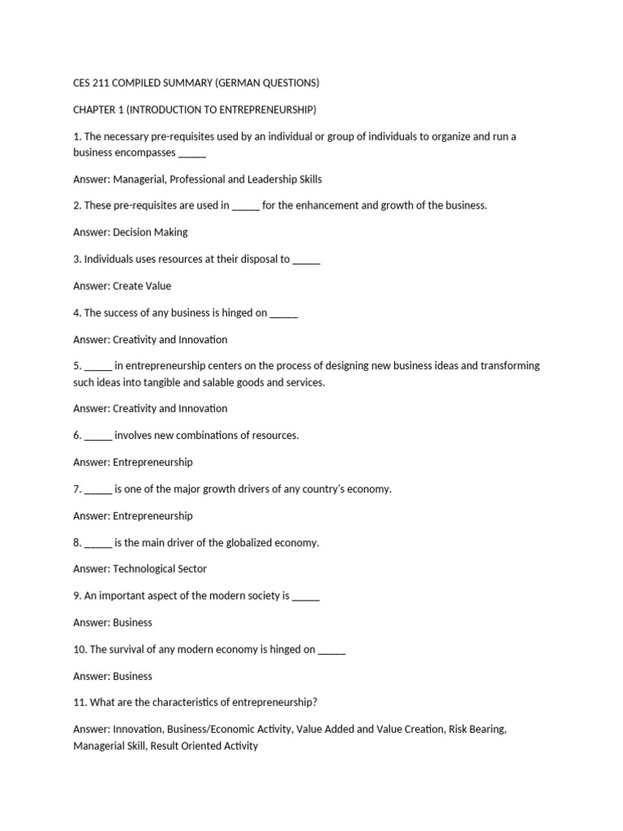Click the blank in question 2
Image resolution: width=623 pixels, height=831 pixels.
[246, 206]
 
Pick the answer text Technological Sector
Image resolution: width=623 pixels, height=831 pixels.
[160, 569]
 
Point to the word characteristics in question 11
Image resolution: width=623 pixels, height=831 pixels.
[195, 703]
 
